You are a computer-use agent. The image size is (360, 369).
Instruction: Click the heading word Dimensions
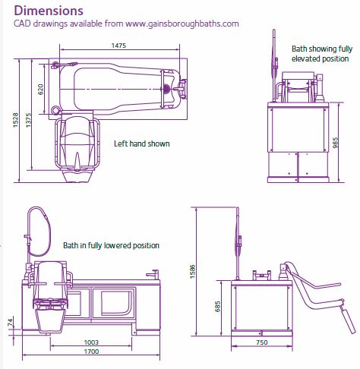click(49, 11)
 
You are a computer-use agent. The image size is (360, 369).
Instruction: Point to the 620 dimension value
click(41, 89)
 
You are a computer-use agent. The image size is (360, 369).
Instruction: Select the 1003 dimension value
click(90, 342)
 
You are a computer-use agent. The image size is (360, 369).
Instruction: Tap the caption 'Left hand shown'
click(142, 143)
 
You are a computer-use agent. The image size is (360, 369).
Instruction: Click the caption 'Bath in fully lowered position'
click(111, 246)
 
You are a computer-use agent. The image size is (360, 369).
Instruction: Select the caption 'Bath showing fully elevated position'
click(321, 53)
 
